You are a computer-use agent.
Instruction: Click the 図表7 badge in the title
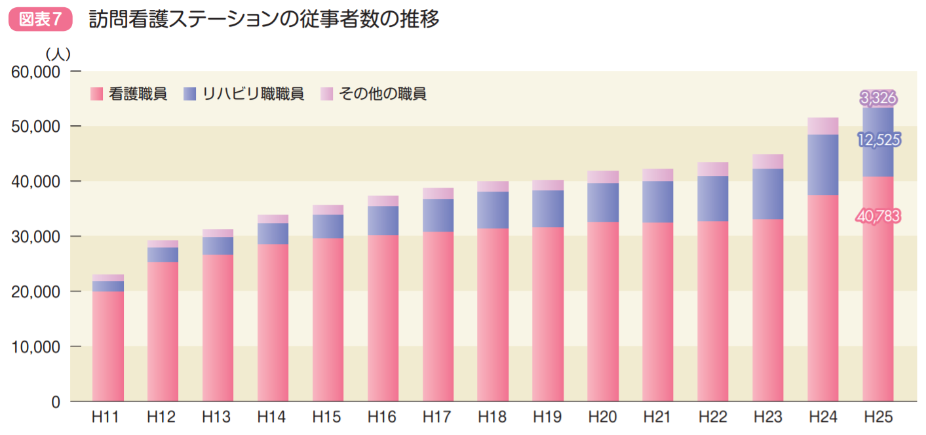coord(40,20)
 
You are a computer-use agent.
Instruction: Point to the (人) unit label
coord(58,53)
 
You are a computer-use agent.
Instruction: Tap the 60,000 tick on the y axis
coord(36,72)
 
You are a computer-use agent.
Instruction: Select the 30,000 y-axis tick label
coord(36,236)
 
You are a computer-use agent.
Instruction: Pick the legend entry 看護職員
coord(129,94)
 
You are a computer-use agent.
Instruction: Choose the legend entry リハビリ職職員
coord(244,94)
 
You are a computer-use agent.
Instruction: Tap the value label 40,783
coord(878,215)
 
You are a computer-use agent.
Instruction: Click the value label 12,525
coord(878,139)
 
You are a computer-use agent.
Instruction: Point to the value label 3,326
coord(878,98)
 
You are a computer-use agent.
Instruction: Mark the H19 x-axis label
coord(548,417)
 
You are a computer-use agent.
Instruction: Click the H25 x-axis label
coord(878,417)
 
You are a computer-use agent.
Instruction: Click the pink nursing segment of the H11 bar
coord(108,346)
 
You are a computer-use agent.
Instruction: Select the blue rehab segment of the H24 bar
coord(823,165)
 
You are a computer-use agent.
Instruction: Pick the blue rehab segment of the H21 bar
coord(658,201)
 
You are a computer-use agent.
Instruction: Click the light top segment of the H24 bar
coord(823,126)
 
